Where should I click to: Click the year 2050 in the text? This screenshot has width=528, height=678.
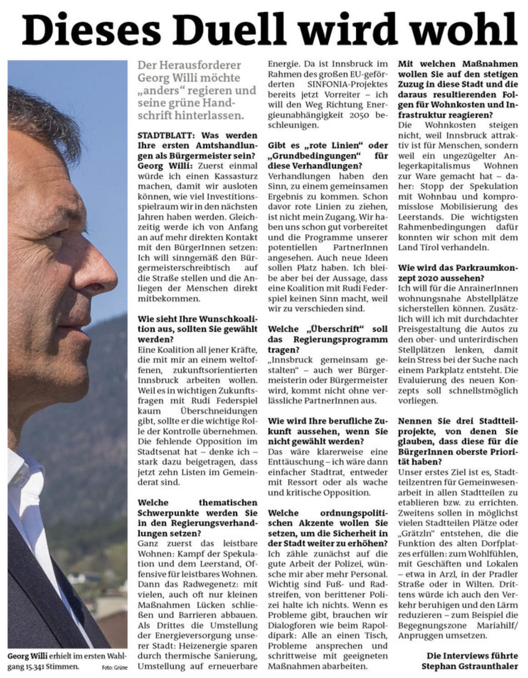click(360, 115)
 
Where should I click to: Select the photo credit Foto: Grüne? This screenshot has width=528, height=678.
click(115, 668)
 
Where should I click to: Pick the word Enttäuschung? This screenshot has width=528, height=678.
click(296, 462)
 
